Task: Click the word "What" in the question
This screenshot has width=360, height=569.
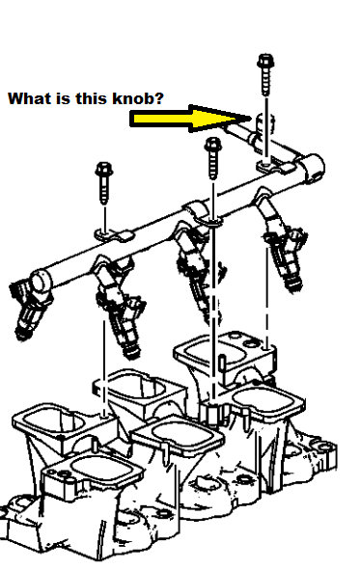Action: click(25, 98)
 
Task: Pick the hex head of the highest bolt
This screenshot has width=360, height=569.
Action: click(263, 63)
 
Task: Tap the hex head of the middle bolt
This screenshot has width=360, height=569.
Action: click(211, 147)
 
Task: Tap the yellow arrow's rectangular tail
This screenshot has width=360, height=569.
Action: click(159, 120)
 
